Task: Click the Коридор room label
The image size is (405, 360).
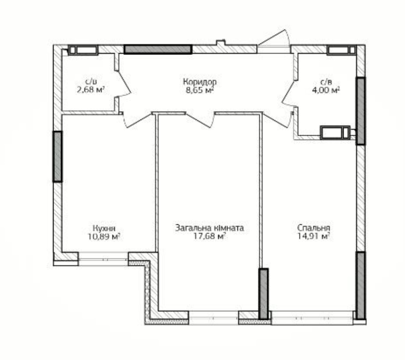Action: click(200, 82)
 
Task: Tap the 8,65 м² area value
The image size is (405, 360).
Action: click(200, 90)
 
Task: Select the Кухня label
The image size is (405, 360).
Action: click(104, 228)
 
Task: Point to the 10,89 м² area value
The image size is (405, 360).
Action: click(104, 236)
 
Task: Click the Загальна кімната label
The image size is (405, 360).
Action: click(210, 228)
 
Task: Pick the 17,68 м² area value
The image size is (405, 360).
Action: click(210, 236)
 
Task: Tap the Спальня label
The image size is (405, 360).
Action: click(313, 228)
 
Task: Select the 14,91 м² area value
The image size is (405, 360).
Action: click(313, 236)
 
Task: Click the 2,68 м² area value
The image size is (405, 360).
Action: click(91, 90)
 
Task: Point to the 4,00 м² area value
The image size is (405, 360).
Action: click(326, 90)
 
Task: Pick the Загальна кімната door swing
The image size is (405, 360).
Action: click(200, 120)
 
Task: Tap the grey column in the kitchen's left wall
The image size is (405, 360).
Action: click(57, 156)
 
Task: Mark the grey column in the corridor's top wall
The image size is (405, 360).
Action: click(158, 49)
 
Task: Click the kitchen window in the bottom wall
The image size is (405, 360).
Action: click(103, 259)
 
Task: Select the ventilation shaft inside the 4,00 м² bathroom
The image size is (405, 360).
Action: click(335, 133)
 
